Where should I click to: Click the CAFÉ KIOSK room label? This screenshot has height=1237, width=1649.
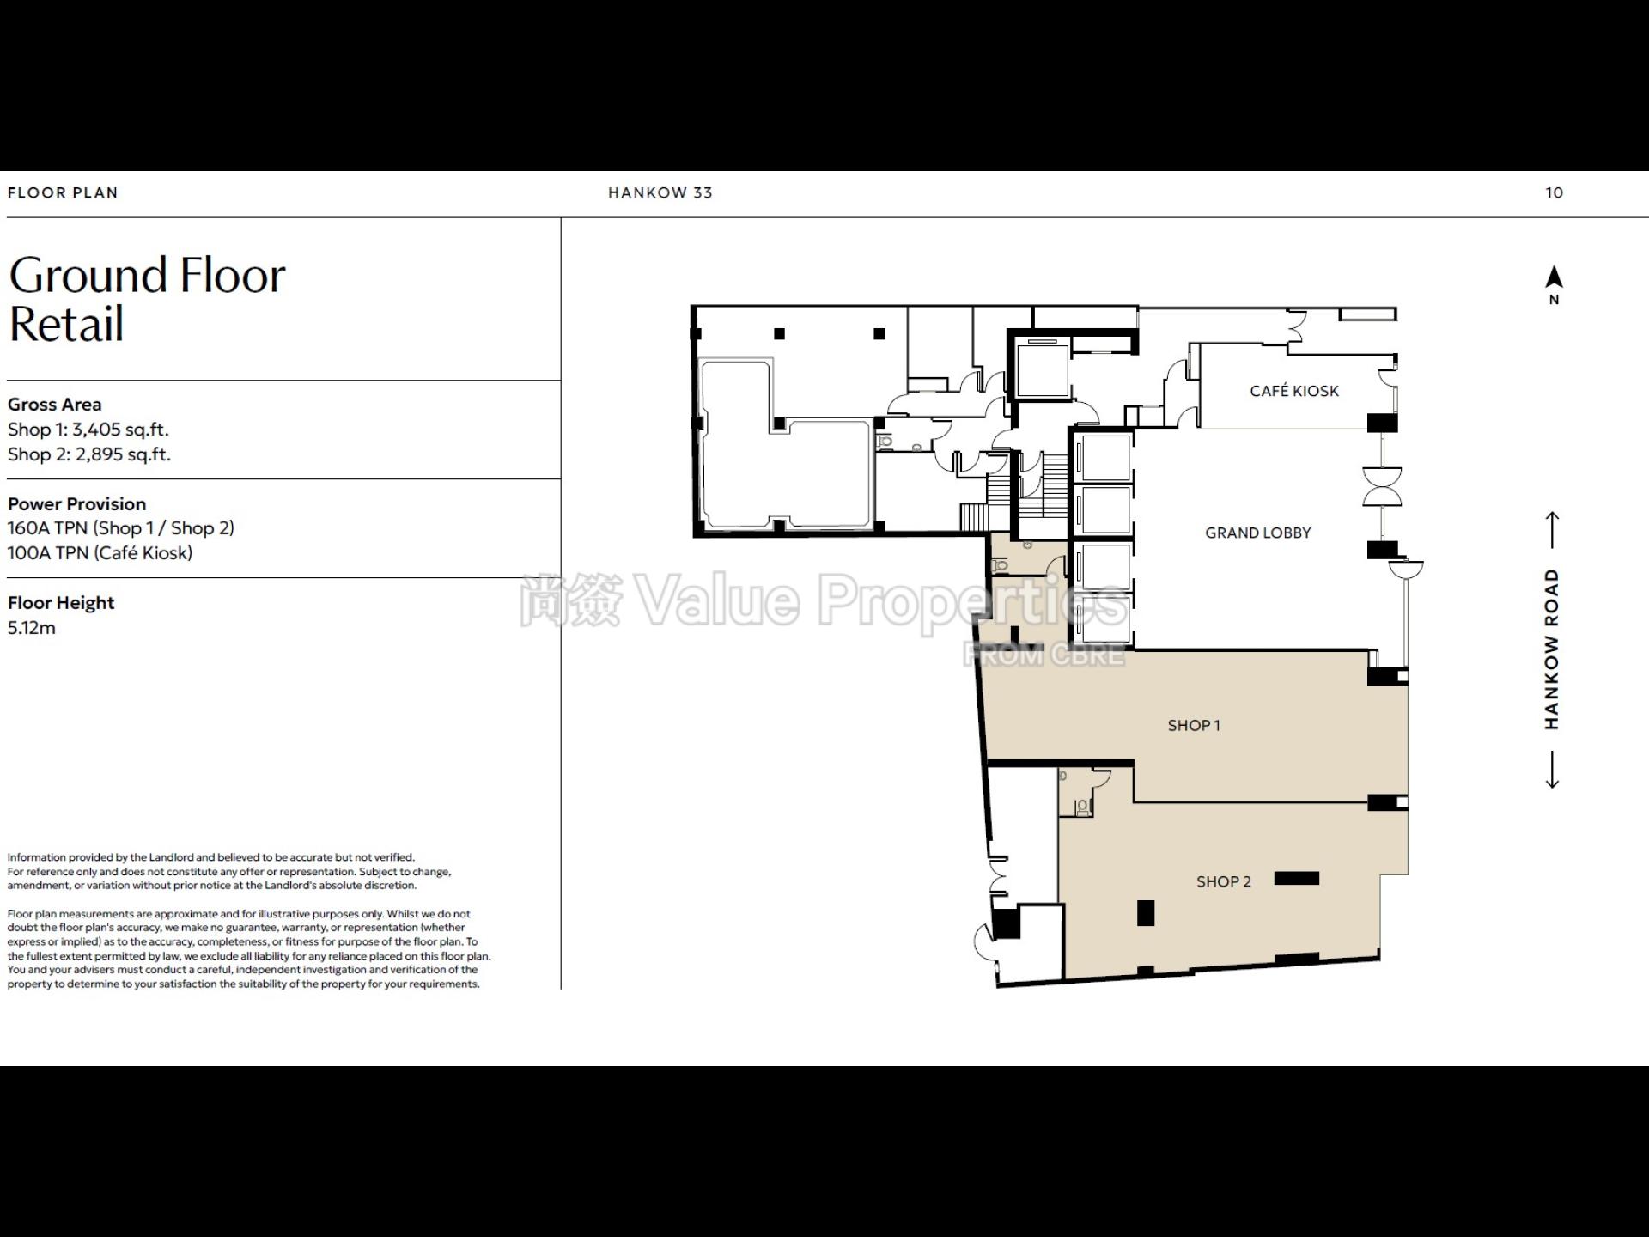tap(1294, 391)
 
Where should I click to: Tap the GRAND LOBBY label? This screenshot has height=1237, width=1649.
tap(1258, 533)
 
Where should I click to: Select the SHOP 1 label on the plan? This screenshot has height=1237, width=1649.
tap(1194, 726)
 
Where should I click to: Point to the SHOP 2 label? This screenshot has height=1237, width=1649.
tap(1224, 881)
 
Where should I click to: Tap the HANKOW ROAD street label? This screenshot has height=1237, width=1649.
tap(1551, 649)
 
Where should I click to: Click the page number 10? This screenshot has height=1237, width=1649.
tap(1555, 193)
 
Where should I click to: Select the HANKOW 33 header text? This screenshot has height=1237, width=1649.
tap(660, 193)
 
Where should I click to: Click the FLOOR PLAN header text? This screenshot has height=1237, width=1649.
tap(63, 193)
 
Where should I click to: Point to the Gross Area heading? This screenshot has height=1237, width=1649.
tap(55, 405)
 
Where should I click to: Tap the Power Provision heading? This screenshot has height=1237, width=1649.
tap(77, 504)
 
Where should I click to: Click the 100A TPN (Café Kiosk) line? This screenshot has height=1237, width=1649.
tap(100, 553)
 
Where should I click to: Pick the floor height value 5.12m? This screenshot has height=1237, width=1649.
tap(32, 628)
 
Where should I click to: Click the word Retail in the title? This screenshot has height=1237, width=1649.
tap(67, 324)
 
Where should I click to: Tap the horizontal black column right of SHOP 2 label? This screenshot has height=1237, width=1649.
tap(1297, 878)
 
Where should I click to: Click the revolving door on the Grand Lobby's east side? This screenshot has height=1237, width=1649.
tap(1382, 488)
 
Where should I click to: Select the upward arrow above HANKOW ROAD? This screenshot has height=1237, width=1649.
tap(1552, 530)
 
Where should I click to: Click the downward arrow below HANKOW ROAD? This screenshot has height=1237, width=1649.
tap(1552, 770)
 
